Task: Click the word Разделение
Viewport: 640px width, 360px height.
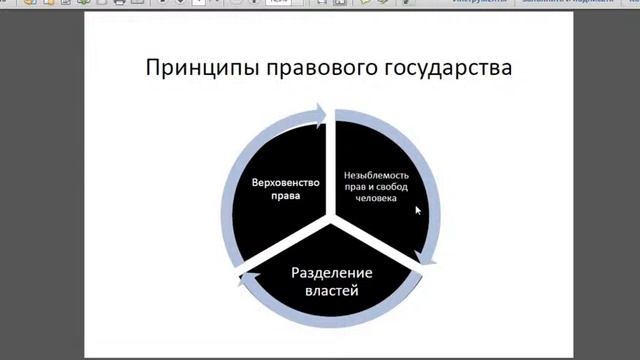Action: [330, 272]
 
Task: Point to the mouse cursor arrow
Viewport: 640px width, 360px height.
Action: [418, 210]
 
